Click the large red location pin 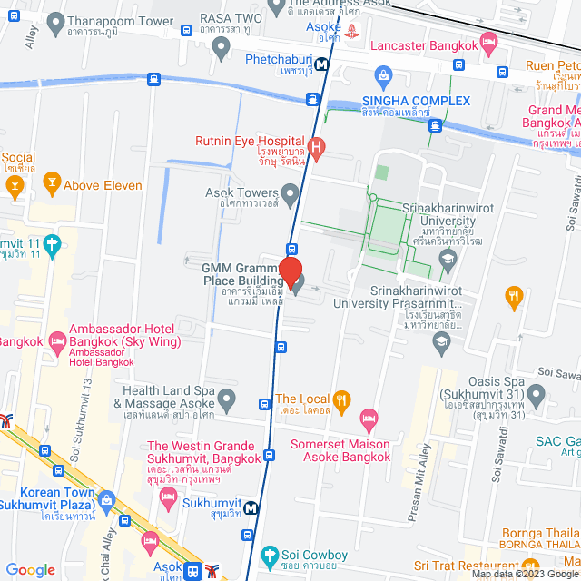click(290, 272)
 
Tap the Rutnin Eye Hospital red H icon click(316, 147)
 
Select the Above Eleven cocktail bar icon click(52, 185)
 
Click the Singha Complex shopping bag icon click(382, 74)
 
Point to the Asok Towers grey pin click(290, 193)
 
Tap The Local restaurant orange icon click(341, 399)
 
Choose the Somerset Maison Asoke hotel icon click(369, 419)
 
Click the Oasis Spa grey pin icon click(536, 396)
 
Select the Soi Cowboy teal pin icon click(269, 556)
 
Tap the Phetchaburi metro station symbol click(312, 100)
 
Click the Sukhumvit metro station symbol click(251, 508)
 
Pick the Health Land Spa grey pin click(227, 398)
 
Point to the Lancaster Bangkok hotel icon click(488, 41)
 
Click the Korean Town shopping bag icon click(107, 499)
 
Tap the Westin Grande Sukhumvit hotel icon click(168, 496)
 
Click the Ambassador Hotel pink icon click(57, 342)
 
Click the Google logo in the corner click(31, 569)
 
